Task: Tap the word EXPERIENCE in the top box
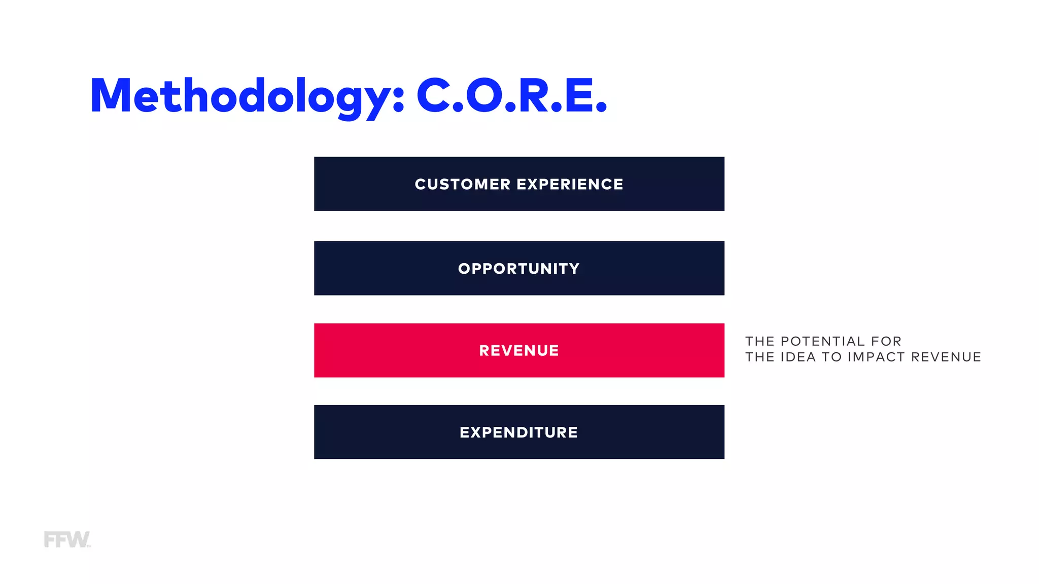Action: [570, 184]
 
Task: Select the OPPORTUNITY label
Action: [519, 269]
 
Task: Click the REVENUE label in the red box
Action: [519, 350]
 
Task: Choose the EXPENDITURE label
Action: [519, 432]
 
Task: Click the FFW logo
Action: [66, 539]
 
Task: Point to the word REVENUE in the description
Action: [946, 357]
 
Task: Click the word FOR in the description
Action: [886, 341]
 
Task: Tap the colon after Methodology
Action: [399, 99]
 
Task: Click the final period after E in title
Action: [601, 107]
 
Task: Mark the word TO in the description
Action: [832, 357]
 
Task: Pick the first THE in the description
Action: [759, 341]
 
